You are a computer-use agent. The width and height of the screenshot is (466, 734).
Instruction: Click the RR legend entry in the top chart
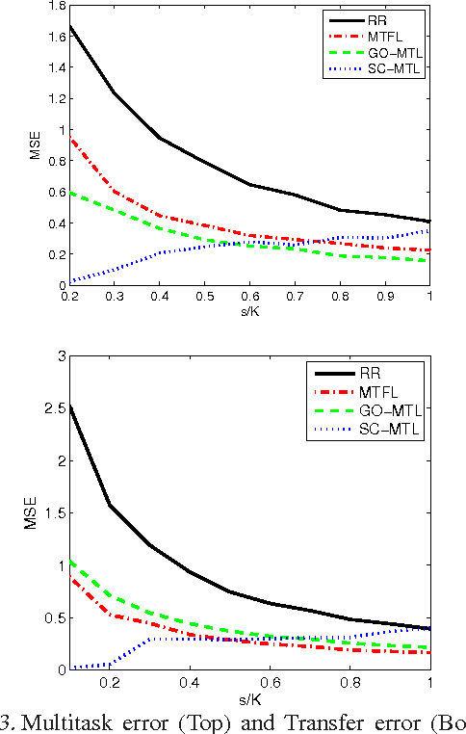point(393,18)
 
